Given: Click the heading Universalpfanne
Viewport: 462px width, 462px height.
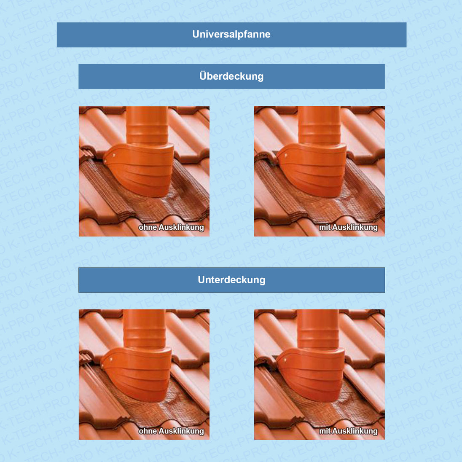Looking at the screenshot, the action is [x=231, y=35].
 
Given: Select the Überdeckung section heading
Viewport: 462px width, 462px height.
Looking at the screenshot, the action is [x=231, y=76].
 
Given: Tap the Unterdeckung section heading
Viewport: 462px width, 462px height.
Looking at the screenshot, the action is [x=231, y=279].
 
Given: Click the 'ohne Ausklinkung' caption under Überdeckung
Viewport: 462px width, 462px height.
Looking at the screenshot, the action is [x=171, y=227].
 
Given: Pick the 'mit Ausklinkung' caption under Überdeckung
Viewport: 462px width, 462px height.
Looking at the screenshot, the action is [x=348, y=227].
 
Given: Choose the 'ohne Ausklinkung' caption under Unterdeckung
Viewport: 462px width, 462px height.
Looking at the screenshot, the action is [x=171, y=431].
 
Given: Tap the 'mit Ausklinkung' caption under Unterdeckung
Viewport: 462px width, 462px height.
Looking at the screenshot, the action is [x=348, y=431].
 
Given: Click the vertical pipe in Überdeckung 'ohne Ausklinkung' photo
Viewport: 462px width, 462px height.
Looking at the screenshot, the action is [x=147, y=126].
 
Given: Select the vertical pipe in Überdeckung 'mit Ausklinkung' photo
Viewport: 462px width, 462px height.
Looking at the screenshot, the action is [x=320, y=126].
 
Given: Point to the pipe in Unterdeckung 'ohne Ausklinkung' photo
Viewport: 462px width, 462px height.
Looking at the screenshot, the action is [x=144, y=329].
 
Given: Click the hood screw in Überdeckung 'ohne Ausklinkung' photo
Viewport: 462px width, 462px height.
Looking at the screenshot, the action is [x=114, y=155].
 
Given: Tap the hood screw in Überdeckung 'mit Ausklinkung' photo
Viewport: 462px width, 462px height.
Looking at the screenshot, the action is [x=286, y=155].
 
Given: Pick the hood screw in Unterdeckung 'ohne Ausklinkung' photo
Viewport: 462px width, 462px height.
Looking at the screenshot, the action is [x=111, y=359].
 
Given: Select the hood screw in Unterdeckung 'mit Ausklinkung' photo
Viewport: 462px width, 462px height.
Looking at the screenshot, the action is [x=285, y=359].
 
